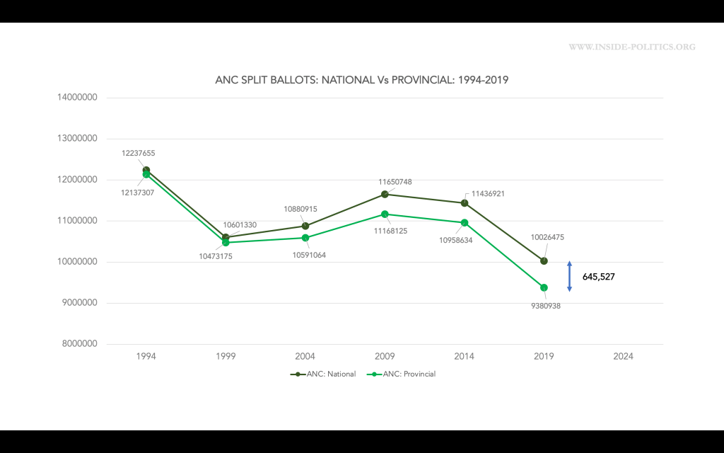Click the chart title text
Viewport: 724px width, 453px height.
pos(361,81)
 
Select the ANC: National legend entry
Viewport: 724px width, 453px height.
pos(323,374)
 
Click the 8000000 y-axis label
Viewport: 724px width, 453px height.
pos(79,345)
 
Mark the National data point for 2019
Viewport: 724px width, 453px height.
pos(544,261)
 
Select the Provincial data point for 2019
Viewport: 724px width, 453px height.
pos(544,287)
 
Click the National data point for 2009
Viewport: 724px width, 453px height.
pos(385,194)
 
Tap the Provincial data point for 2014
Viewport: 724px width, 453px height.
pos(465,222)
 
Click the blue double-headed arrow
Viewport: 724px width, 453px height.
pos(569,276)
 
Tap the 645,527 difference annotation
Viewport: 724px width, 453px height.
pos(598,277)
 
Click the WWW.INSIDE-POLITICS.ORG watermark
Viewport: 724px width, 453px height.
pos(631,47)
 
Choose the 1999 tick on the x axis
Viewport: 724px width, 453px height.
pos(226,357)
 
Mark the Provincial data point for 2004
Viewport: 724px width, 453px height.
pos(305,238)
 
